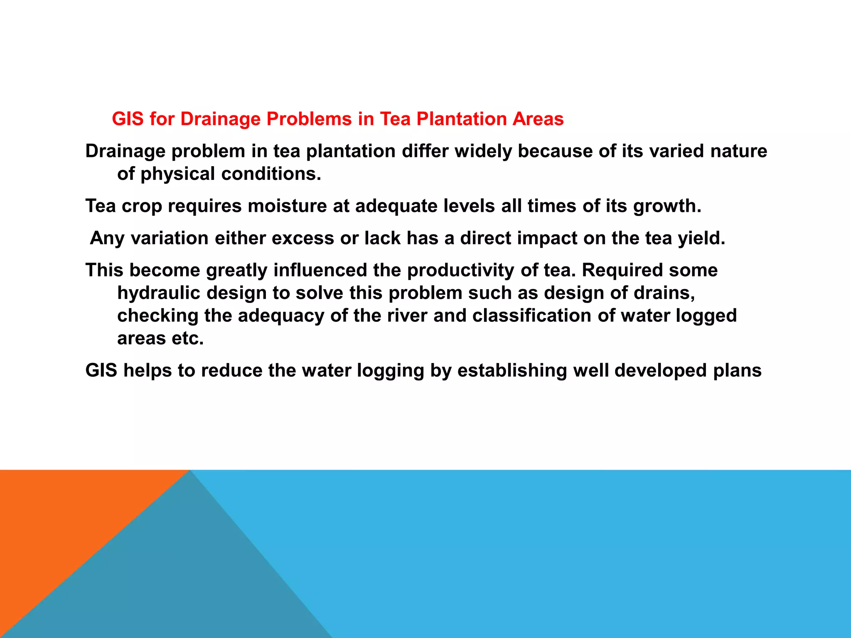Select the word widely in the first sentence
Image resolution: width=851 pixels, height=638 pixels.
click(483, 151)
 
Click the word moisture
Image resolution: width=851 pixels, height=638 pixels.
click(287, 206)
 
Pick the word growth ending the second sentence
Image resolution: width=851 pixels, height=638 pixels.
click(667, 206)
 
